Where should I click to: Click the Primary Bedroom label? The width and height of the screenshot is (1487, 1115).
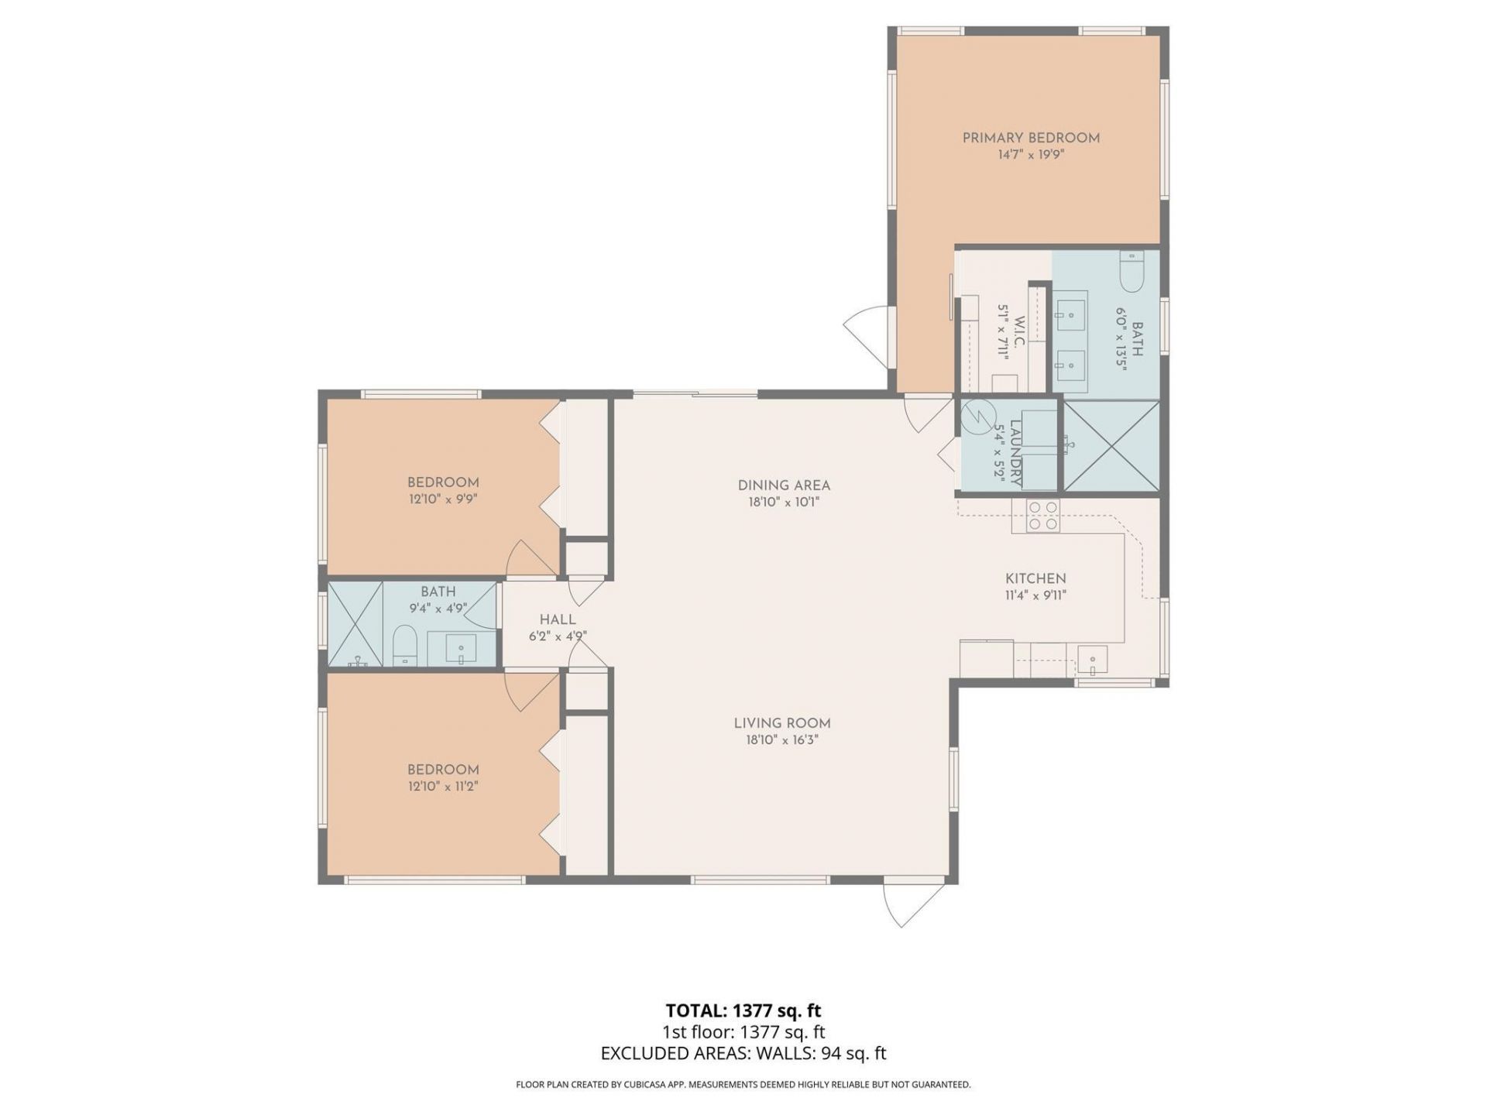1031,138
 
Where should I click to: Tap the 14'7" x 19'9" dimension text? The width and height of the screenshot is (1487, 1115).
1031,155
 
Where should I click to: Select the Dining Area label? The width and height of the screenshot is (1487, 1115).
784,485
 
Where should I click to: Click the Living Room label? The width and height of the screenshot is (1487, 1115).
782,723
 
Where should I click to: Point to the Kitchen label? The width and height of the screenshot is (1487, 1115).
1035,578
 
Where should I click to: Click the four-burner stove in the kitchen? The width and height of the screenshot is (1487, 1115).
1042,516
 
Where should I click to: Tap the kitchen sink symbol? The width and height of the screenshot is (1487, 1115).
1092,660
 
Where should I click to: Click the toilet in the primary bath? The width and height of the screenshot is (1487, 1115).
1132,273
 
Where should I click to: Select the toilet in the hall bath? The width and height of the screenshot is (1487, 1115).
405,646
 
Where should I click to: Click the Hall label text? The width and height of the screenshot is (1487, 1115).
558,619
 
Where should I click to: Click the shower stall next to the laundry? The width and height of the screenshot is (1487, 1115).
1111,446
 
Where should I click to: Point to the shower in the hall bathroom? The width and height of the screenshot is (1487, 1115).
355,624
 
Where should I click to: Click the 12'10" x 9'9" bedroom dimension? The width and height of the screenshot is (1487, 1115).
443,500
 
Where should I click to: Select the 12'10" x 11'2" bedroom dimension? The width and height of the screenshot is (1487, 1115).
443,787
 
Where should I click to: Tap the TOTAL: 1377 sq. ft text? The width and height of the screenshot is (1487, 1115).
743,1010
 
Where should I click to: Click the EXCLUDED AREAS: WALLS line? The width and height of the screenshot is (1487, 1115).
743,1053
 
